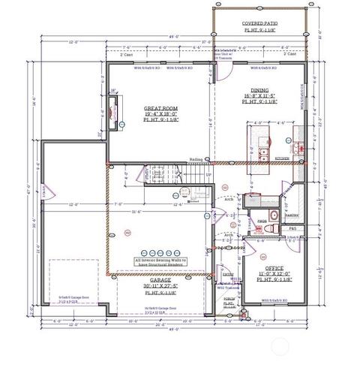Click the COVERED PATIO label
(x=259, y=24)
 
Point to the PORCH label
(x=229, y=298)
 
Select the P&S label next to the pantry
(x=293, y=228)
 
